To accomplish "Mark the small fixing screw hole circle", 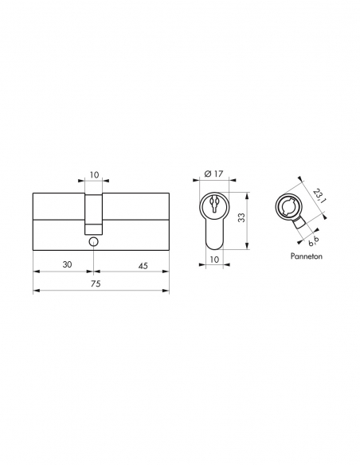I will pos(94,240).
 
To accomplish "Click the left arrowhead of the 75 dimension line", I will pos(37,291).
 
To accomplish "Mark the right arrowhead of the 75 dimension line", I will pos(166,291).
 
